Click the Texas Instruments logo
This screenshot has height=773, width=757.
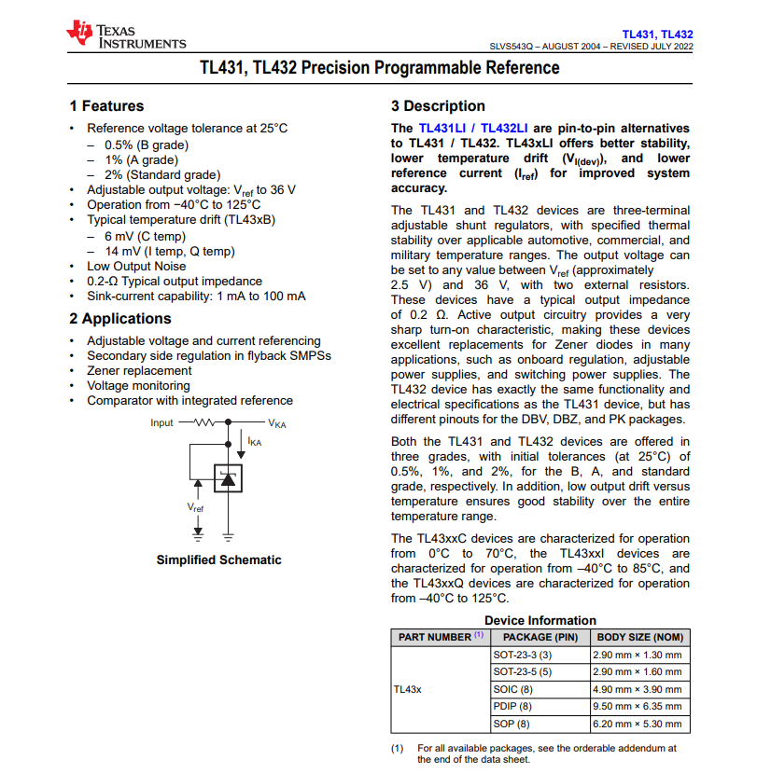click(x=125, y=35)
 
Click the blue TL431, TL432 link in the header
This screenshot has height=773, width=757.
click(x=658, y=35)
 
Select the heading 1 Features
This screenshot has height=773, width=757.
click(x=106, y=106)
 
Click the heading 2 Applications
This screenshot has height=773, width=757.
click(x=120, y=319)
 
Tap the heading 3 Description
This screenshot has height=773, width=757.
click(x=438, y=106)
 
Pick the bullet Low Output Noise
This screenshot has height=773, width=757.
click(x=136, y=266)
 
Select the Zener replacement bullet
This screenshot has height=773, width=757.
click(x=139, y=370)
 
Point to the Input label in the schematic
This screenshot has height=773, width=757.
click(x=161, y=423)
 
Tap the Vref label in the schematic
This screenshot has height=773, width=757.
click(x=195, y=508)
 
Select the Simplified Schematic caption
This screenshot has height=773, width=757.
click(x=218, y=560)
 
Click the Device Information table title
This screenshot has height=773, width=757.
click(x=540, y=620)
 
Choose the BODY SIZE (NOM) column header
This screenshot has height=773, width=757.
click(x=640, y=637)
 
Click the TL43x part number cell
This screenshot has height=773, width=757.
click(x=407, y=689)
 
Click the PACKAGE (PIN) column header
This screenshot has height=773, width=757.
click(x=540, y=637)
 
